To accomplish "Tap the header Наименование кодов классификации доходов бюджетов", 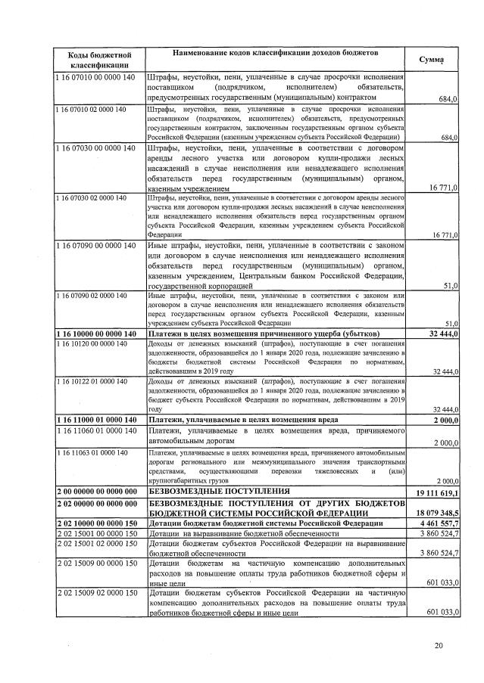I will pos(276,54).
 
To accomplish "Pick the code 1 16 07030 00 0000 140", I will pos(95,148).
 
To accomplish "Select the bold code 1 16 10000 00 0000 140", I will pos(95,334).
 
